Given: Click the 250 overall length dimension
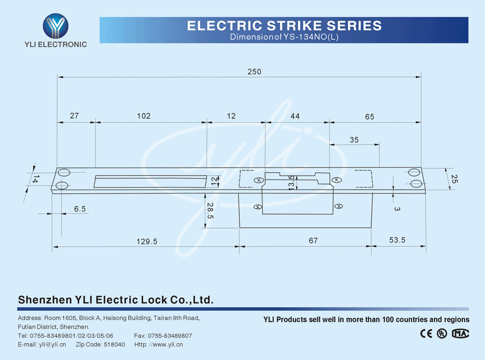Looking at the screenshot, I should point(254,72).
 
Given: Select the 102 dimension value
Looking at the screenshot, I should point(144,116).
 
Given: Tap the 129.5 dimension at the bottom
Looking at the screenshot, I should point(147,241).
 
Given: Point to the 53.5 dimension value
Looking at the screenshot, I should point(397,240).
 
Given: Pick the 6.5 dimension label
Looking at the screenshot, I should point(80,209).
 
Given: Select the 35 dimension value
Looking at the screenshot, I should point(354,140).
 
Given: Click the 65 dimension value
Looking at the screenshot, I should point(369,116).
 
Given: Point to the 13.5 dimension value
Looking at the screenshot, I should point(292,183).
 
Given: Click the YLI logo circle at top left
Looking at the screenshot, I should point(56,25).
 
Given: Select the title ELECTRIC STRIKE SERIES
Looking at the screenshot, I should point(284,26).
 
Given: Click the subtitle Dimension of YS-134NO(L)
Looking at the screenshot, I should point(284,37).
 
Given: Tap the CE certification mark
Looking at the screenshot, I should point(426,333).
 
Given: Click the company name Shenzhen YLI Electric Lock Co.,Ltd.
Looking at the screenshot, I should point(116,300).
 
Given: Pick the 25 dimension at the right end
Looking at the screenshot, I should point(454,179).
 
